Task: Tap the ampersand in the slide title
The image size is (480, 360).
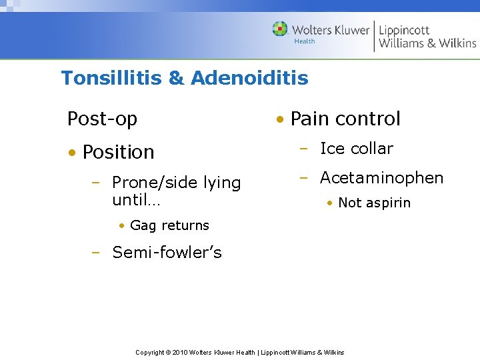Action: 177,79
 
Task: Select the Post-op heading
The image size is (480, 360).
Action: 102,119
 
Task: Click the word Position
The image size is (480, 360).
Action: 119,152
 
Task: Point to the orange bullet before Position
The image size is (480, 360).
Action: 71,153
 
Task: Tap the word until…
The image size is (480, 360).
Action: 136,199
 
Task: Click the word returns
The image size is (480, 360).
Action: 184,226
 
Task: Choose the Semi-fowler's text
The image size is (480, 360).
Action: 167,253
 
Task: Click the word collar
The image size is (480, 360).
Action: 372,149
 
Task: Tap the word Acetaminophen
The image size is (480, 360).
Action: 381,178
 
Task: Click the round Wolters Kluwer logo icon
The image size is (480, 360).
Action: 280,29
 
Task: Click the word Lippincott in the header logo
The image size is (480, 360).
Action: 404,30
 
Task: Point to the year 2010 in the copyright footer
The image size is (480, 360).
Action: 181,352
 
